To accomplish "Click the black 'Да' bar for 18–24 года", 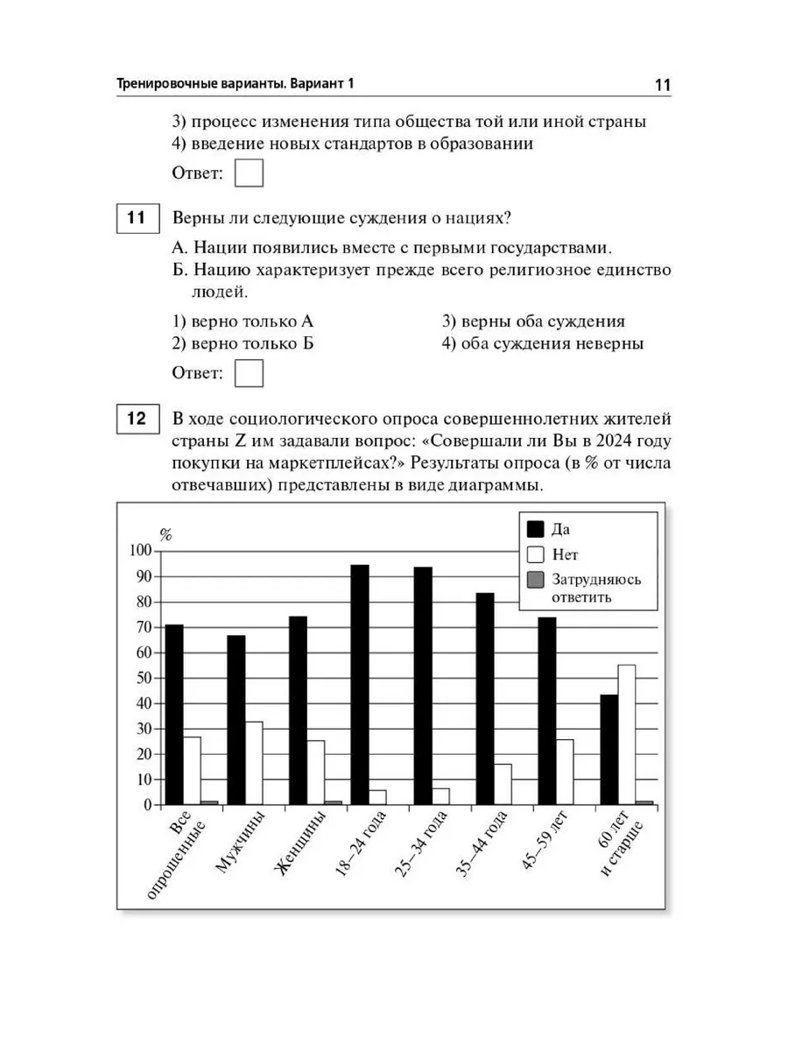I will pos(360,684).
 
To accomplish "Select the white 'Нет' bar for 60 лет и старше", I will pos(627,734).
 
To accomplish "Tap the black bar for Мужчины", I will pos(236,719).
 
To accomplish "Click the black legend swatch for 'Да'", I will pos(536,529).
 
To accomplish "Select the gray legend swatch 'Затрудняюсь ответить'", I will pos(536,579).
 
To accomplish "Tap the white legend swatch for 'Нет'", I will pos(536,554).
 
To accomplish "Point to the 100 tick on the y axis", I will pos(140,551).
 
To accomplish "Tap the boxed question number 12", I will pos(137,418).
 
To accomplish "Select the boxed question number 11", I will pos(137,218).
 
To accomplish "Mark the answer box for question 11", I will pos(250,374).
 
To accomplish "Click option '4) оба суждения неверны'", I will pos(543,343).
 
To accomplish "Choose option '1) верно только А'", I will pos(243,321).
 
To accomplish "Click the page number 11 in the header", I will pos(661,85).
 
